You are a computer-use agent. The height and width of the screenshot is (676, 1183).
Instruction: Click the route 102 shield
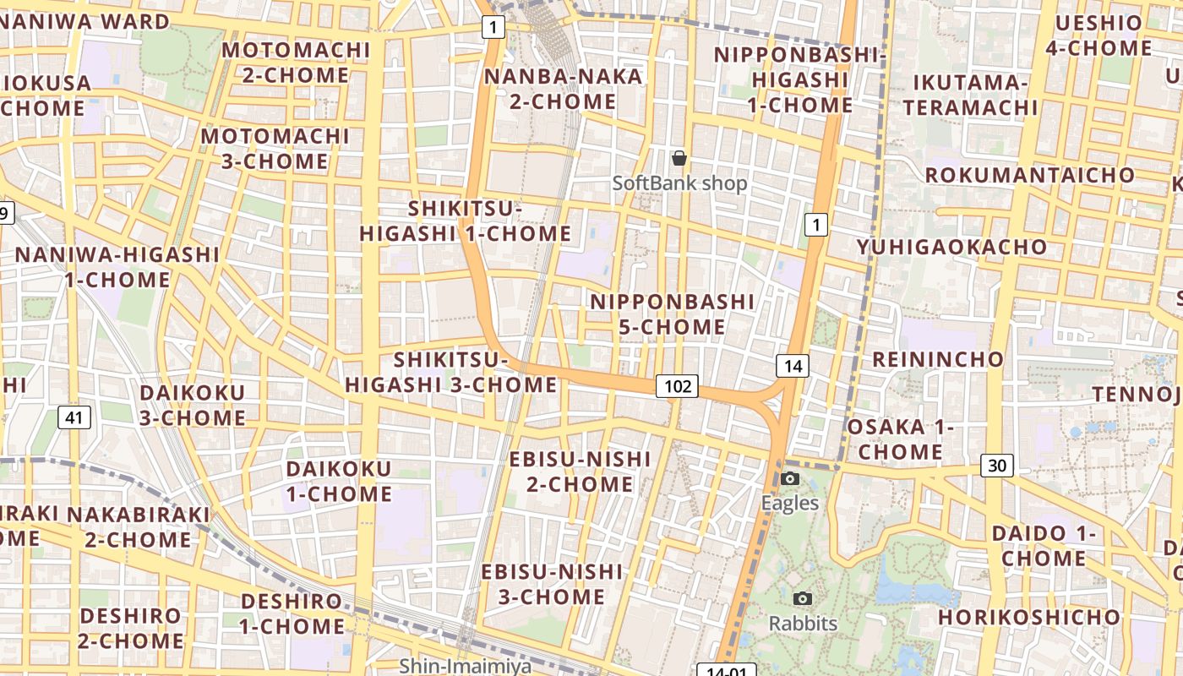678,387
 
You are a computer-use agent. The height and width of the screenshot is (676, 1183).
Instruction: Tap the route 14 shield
792,366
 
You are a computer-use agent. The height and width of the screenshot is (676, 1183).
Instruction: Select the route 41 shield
74,417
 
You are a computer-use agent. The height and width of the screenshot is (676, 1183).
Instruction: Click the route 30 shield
997,466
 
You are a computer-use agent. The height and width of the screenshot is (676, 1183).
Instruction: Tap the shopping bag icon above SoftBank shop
679,157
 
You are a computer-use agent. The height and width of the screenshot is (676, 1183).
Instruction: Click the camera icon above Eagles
790,479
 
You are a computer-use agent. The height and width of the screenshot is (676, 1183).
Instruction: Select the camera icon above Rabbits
803,599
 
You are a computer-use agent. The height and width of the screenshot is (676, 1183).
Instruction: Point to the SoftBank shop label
679,183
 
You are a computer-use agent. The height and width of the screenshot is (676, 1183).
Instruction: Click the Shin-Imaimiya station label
466,666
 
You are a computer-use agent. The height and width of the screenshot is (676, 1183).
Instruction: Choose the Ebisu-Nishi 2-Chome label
580,472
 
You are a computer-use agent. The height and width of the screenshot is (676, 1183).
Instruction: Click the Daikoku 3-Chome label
193,405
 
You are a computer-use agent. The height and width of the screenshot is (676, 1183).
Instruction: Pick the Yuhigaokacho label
951,247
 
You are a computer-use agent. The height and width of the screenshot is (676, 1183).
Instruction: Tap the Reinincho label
938,359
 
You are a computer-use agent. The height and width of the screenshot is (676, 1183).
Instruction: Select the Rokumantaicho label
1030,175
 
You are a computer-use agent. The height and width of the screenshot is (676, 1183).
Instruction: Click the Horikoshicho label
1028,618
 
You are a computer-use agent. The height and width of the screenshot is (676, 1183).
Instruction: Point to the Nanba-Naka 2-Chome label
564,89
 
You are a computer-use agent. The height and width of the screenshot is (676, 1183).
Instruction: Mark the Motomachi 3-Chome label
275,148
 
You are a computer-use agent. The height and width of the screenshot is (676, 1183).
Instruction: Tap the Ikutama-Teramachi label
969,95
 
